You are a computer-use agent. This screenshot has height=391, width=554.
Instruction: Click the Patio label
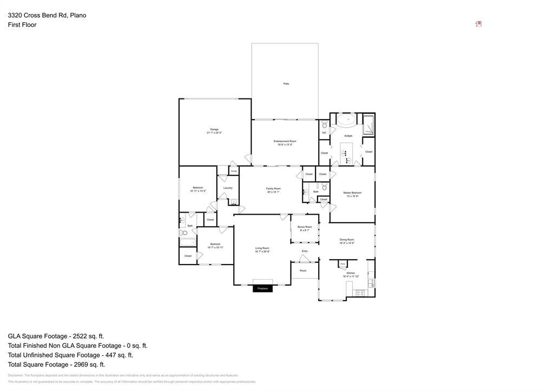point(286,83)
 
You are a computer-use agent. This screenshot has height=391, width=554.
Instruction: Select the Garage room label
point(214,129)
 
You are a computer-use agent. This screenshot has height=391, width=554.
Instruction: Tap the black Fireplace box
point(262,288)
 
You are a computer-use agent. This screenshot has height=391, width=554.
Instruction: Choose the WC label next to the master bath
point(324,132)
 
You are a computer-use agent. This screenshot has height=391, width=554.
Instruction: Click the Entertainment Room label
point(285,141)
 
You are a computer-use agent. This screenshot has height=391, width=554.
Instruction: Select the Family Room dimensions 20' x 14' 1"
point(273,192)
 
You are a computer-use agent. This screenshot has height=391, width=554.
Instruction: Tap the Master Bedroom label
point(352,193)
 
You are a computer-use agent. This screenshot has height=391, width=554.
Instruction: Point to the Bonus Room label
point(305,227)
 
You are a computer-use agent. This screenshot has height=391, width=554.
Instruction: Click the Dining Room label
point(347,240)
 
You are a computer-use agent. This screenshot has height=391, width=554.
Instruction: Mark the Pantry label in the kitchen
point(342,264)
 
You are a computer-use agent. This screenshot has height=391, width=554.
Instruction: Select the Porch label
point(303,270)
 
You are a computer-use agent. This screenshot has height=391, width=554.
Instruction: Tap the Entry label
point(305,251)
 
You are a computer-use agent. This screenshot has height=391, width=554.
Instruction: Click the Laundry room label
point(228,188)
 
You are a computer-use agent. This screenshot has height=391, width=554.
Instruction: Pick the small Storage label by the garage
point(234,171)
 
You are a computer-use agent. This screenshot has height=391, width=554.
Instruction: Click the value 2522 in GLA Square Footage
point(73,336)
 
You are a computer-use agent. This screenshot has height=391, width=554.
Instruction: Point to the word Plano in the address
point(78,15)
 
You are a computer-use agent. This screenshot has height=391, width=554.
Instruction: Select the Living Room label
point(262,248)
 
